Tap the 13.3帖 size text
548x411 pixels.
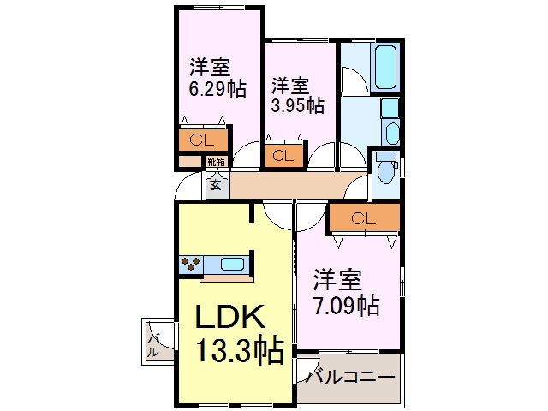[x=241, y=351]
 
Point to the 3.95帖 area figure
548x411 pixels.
[x=297, y=106]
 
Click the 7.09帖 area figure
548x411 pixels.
[x=347, y=304]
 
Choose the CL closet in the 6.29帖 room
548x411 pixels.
[x=203, y=140]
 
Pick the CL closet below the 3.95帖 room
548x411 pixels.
[x=283, y=156]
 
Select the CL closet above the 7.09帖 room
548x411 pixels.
[x=363, y=219]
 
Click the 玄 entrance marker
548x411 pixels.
[x=217, y=183]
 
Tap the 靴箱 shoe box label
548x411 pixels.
[x=216, y=162]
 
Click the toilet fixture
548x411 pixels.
[x=385, y=170]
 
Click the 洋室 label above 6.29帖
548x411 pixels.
[x=210, y=66]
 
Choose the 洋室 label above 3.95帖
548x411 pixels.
[x=291, y=86]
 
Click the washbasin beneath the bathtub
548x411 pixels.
[x=392, y=133]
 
